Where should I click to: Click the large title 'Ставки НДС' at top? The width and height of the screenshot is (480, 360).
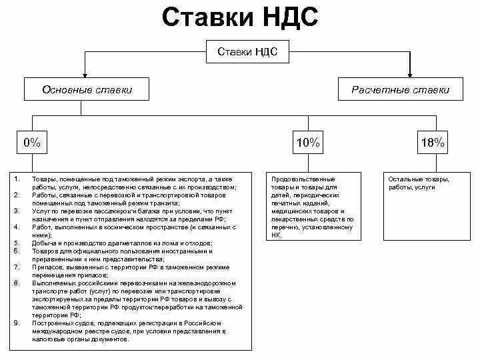pos(240,18)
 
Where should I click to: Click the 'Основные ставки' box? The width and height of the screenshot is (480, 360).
pos(87,89)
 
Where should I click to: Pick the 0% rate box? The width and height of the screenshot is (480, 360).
pos(32,142)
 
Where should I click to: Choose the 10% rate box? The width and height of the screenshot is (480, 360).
pos(308,142)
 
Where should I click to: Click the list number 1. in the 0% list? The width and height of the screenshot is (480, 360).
pos(17,179)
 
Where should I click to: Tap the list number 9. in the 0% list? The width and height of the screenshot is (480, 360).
pos(17,323)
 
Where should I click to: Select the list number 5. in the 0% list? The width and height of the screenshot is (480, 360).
pos(17,243)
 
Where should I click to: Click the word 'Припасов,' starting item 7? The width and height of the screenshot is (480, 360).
pos(45,267)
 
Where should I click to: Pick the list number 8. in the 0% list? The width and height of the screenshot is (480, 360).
pos(17,283)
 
